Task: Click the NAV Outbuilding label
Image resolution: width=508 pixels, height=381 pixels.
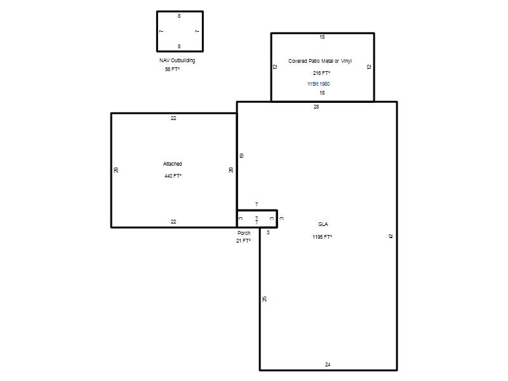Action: coord(177,60)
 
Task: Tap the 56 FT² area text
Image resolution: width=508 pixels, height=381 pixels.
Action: coord(172,69)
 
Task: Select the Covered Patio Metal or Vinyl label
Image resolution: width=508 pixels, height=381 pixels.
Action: coord(320,61)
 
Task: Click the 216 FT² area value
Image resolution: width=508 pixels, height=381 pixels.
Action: coord(322,73)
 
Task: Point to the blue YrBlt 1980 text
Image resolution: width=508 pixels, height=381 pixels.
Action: coord(319,84)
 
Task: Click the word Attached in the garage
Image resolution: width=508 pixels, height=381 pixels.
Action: coord(172,164)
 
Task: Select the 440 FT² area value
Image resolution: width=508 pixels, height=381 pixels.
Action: coord(173,176)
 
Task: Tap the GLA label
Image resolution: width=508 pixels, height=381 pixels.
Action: coord(323,224)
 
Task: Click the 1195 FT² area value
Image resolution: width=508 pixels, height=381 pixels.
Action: coord(323,237)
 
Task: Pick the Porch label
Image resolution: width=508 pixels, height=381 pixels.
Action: coord(244,233)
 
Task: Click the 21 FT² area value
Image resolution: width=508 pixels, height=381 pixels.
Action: coord(243,241)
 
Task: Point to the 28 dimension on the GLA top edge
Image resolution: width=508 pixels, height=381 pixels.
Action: coord(316,107)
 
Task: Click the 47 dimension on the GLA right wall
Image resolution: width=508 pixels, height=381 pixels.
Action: coord(391,236)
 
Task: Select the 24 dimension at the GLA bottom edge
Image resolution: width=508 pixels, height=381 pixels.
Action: coord(328,364)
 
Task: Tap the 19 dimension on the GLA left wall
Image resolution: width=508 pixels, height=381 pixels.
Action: coord(241,156)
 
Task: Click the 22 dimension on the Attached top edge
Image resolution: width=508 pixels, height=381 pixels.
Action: coord(173,118)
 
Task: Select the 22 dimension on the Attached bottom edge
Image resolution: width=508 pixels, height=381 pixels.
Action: coord(173,222)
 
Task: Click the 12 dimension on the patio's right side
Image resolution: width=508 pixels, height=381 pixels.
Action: coord(369,67)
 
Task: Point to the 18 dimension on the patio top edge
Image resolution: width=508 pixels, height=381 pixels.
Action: coord(322,37)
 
